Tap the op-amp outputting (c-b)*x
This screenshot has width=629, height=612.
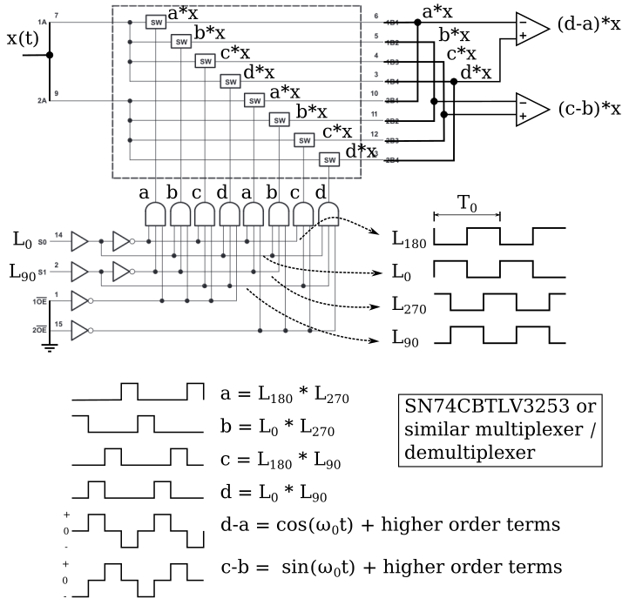point(529,107)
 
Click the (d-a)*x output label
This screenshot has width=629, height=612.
point(588,25)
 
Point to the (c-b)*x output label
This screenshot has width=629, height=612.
point(588,108)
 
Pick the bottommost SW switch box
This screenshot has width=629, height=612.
point(328,159)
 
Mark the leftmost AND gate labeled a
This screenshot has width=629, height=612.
point(156,213)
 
